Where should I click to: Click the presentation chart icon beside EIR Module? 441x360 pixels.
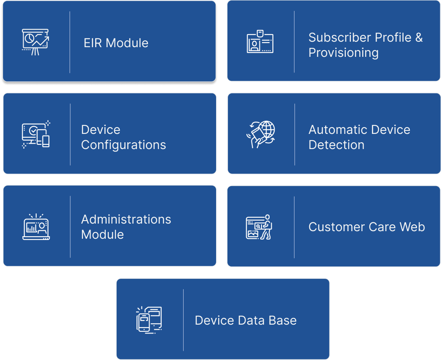coord(35,42)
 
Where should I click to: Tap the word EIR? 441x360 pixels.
coord(93,43)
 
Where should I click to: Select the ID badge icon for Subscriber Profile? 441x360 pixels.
coord(260,41)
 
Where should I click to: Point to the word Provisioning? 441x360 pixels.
coord(343,53)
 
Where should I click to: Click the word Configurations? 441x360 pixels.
coord(123,145)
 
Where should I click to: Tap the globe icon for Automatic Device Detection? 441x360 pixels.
coord(261,134)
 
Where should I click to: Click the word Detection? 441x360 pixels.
coord(336,145)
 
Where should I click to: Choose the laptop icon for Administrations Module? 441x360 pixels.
coord(36,227)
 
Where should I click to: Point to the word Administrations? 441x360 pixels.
coord(126,219)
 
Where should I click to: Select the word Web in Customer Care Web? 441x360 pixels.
coord(412,227)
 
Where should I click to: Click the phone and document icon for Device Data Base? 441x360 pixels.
coord(149,320)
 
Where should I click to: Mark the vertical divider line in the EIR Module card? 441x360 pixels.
coord(70,42)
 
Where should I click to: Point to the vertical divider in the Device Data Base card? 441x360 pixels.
coord(183,320)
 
